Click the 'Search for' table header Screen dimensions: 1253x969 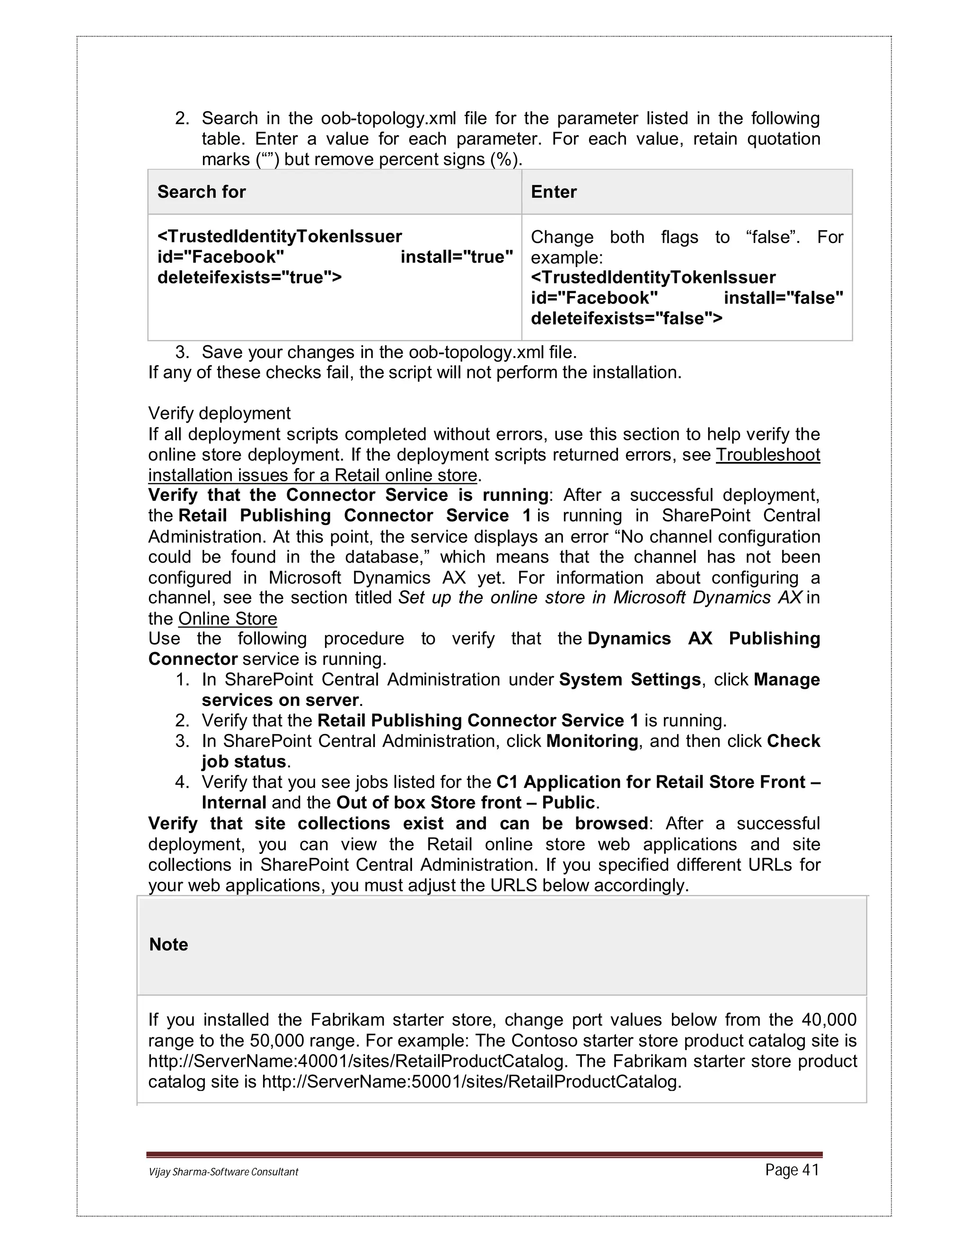[x=202, y=191]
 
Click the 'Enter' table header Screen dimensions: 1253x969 [x=554, y=191]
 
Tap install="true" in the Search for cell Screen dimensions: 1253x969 [x=457, y=257]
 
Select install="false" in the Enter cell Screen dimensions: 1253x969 [x=783, y=298]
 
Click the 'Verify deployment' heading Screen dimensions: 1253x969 [x=219, y=413]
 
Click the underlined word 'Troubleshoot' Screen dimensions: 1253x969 [x=767, y=454]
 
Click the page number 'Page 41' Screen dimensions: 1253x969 [x=792, y=1170]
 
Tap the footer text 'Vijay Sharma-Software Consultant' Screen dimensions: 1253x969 [x=223, y=1172]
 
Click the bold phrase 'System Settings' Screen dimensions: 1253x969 [x=630, y=679]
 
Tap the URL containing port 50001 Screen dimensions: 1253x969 [x=471, y=1081]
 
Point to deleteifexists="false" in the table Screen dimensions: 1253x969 [x=626, y=318]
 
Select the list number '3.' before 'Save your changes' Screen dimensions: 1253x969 [x=182, y=352]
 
